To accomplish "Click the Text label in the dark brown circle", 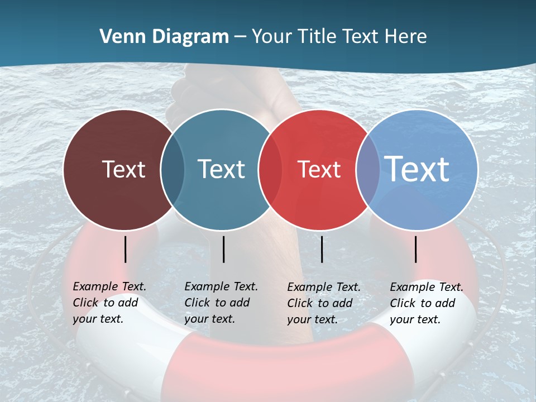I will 123,169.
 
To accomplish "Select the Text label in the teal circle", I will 221,169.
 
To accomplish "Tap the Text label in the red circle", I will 319,169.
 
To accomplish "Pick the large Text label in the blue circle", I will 417,169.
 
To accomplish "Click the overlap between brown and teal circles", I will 173,169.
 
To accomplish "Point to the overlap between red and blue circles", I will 368,169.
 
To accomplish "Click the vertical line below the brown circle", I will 125,249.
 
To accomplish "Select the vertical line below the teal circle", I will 223,249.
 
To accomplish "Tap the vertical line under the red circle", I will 322,249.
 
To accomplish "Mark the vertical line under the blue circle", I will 415,249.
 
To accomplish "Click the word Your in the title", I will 272,37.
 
